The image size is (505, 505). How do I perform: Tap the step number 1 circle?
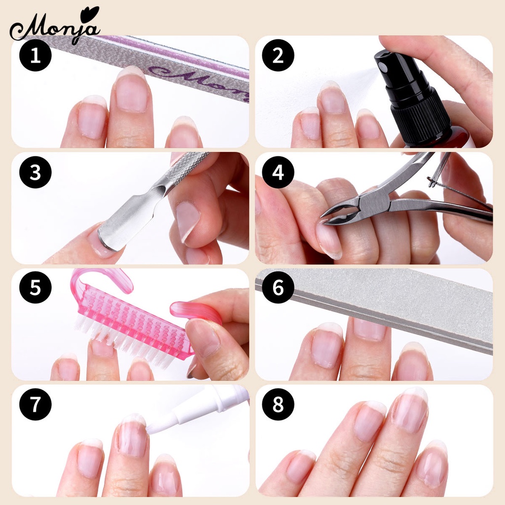pyautogui.click(x=35, y=56)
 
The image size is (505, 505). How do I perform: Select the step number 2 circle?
pyautogui.click(x=278, y=56)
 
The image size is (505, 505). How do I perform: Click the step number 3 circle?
pyautogui.click(x=35, y=172)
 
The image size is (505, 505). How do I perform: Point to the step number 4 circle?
pyautogui.click(x=278, y=172)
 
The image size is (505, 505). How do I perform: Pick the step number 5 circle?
pyautogui.click(x=35, y=288)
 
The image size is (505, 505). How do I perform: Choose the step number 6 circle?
pyautogui.click(x=278, y=288)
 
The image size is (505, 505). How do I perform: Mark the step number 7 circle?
pyautogui.click(x=35, y=404)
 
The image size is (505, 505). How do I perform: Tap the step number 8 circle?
pyautogui.click(x=278, y=404)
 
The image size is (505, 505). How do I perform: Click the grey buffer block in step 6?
pyautogui.click(x=385, y=306)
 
